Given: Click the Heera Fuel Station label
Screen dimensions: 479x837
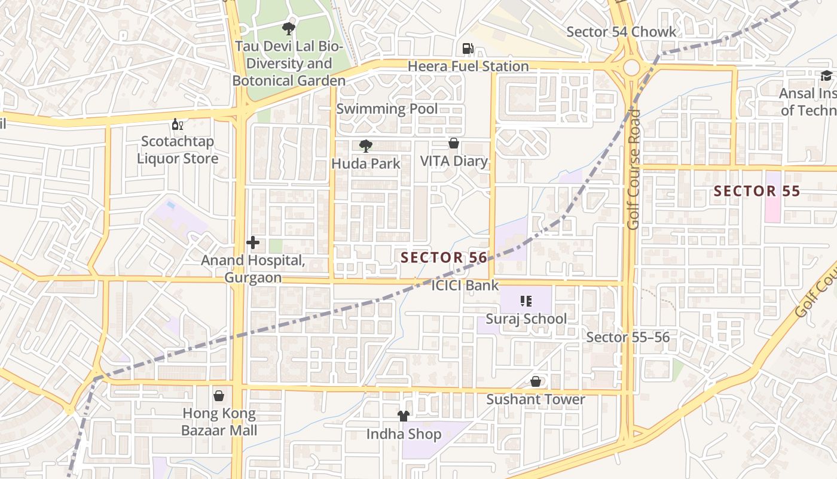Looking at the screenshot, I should [x=468, y=66].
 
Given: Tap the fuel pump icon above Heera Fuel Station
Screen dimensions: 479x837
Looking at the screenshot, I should [x=468, y=48].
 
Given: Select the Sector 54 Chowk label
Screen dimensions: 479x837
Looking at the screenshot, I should [x=621, y=32].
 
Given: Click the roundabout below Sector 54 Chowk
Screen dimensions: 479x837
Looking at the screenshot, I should [x=631, y=68].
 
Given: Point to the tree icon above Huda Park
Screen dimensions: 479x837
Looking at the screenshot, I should [x=365, y=145].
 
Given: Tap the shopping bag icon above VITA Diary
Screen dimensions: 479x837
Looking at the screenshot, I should [x=454, y=144].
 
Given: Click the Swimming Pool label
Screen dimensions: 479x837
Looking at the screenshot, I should [x=387, y=109].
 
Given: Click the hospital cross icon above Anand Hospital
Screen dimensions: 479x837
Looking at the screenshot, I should [x=253, y=242].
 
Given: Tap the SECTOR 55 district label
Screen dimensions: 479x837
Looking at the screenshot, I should [x=757, y=192].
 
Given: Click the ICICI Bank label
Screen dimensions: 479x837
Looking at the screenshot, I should [x=465, y=286].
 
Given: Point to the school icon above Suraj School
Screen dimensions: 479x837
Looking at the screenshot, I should [x=526, y=301].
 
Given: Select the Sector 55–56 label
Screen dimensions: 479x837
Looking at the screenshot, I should [x=628, y=337].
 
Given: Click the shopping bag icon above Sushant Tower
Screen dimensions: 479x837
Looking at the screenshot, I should [x=536, y=382].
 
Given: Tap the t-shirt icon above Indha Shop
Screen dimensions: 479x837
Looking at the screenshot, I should [x=404, y=416].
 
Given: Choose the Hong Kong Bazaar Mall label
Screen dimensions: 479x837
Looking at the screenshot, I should [x=219, y=422].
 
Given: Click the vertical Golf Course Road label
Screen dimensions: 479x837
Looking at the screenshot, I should [x=634, y=169].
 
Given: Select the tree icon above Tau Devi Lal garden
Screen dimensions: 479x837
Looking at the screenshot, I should [x=289, y=28].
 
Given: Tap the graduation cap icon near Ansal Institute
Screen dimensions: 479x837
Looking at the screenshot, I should [x=826, y=76].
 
